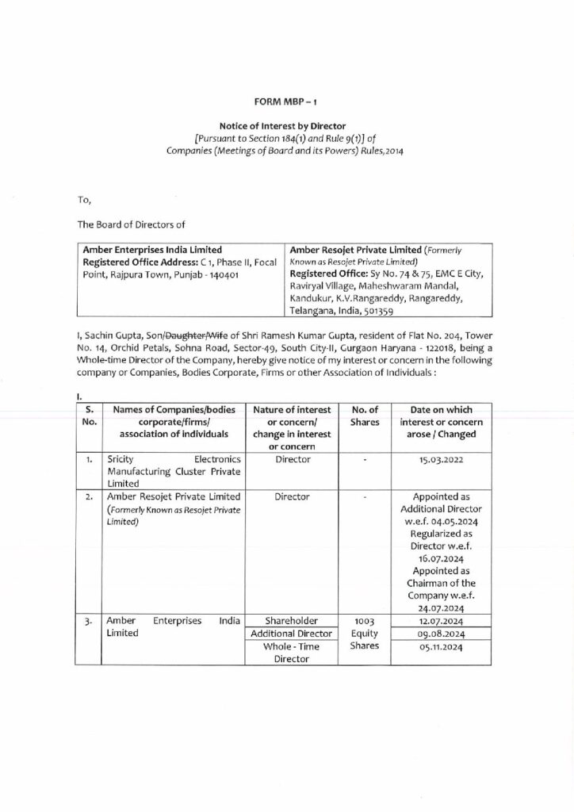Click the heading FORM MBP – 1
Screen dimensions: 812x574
pyautogui.click(x=286, y=103)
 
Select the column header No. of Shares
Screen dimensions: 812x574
pyautogui.click(x=365, y=416)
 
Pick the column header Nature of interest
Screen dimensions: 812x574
pyautogui.click(x=292, y=410)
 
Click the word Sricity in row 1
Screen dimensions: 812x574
pyautogui.click(x=122, y=459)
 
